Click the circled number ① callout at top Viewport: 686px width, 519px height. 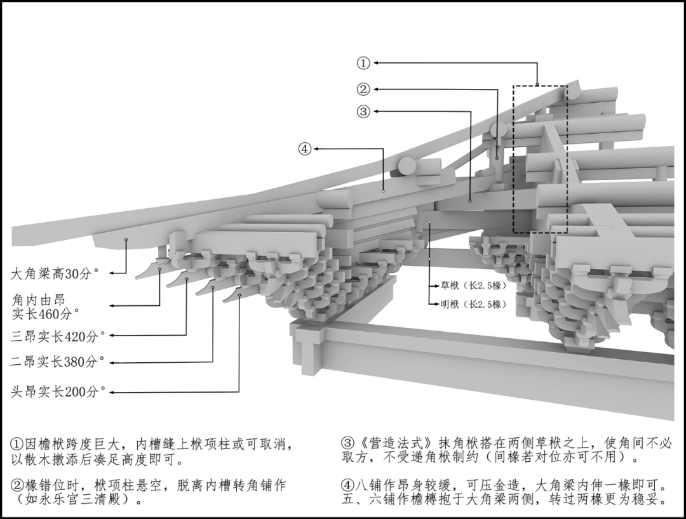click(x=363, y=63)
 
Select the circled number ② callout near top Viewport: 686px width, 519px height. click(x=363, y=89)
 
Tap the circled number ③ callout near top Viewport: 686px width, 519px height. click(x=363, y=111)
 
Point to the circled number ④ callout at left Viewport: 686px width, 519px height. click(x=305, y=149)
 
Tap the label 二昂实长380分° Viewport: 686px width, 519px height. click(x=55, y=362)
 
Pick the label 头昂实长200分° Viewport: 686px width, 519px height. click(x=55, y=392)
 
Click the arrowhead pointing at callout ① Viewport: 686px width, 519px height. click(x=377, y=63)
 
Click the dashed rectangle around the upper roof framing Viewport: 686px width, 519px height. click(x=540, y=159)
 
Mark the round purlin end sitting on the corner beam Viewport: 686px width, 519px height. click(x=407, y=166)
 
